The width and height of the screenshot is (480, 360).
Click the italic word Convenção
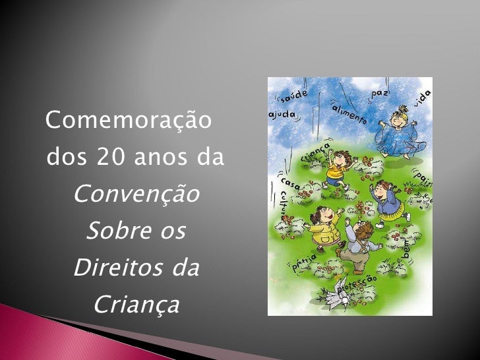[x=136, y=195]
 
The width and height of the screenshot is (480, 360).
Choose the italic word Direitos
[x=117, y=269]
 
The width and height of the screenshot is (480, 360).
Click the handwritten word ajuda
[x=282, y=115]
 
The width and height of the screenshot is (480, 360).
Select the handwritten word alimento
[x=349, y=115]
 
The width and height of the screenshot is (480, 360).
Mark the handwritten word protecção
[x=357, y=285]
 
